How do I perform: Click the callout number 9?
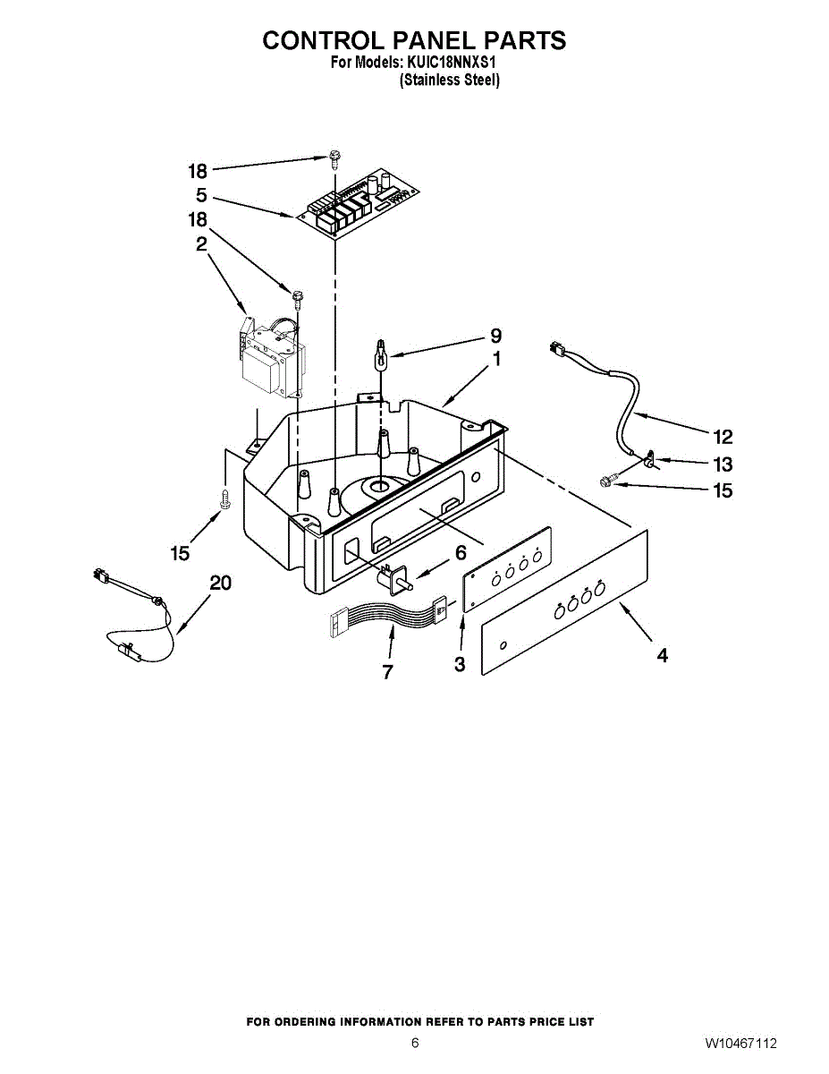coord(495,337)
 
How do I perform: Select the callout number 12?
coord(723,437)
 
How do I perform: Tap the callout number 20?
coord(220,583)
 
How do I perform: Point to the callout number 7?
coord(387,672)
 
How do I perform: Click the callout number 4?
coord(662,655)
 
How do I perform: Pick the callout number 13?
coord(723,465)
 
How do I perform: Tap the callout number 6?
coord(461,553)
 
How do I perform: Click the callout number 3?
coord(459,664)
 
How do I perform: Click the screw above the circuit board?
coord(334,161)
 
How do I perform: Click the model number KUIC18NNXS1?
coord(451,64)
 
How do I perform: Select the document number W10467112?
coord(740,1044)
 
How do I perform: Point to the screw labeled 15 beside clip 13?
coord(605,482)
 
